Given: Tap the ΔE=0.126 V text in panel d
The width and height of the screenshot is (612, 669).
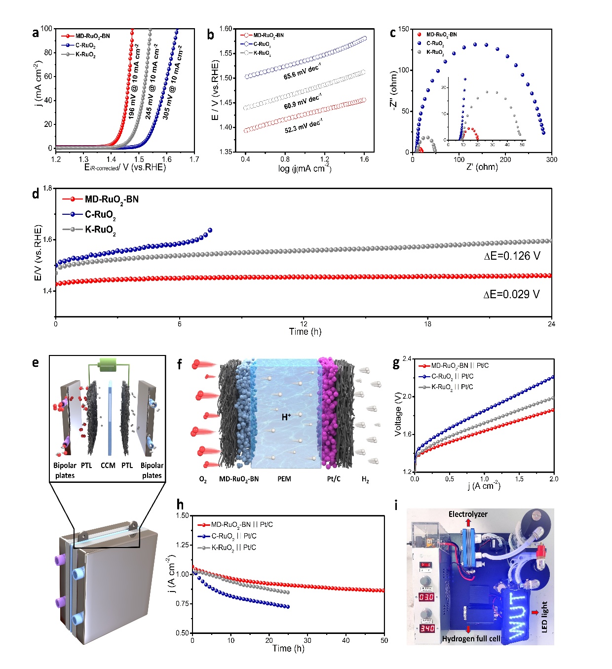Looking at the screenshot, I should [x=512, y=256].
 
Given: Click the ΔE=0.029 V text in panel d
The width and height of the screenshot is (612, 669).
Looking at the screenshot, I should [x=511, y=294].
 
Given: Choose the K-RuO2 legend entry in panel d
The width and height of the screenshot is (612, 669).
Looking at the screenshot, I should [x=100, y=230].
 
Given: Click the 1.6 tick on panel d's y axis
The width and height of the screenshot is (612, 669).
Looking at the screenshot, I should [x=47, y=239].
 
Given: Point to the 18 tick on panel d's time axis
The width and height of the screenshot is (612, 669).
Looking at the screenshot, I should [x=427, y=324].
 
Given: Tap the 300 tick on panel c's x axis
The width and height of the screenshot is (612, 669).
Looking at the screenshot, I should [x=551, y=159].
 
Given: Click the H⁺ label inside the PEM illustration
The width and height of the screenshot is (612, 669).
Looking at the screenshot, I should [x=286, y=417].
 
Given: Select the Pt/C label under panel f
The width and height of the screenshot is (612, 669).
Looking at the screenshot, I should [x=334, y=479].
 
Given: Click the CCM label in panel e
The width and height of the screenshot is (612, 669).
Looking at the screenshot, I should [x=108, y=466].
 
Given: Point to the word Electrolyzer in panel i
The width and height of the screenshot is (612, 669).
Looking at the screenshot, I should [x=468, y=514].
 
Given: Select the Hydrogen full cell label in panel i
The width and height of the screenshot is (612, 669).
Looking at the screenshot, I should [x=471, y=639].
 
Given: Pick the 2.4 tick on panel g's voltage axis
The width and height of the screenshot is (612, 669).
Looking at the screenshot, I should [x=407, y=359].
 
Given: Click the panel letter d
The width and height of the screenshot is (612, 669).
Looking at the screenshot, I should [x=36, y=194].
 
